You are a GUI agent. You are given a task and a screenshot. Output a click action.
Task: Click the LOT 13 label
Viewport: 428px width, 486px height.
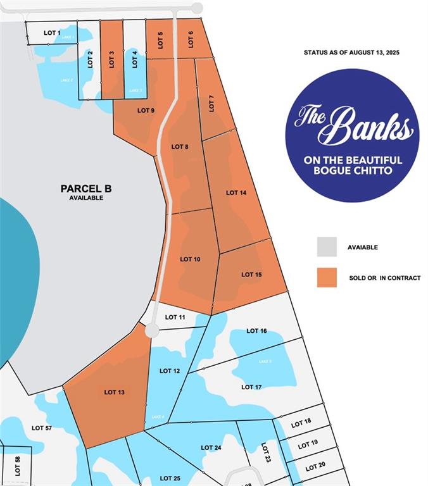[x=115, y=392]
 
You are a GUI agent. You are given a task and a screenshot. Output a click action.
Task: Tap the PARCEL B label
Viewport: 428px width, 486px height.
[x=86, y=189]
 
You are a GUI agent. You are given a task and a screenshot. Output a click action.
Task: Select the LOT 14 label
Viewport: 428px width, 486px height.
[x=236, y=192]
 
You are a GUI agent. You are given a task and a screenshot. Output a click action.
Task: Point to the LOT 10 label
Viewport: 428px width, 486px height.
[x=190, y=259]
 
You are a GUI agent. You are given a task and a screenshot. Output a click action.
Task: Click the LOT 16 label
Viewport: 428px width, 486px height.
[x=256, y=331]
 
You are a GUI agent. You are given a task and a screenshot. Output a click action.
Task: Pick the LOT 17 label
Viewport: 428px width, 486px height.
[x=251, y=387]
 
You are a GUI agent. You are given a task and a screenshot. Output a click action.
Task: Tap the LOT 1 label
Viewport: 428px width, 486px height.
[x=52, y=32]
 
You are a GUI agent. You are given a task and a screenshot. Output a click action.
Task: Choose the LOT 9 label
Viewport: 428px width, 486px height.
[x=146, y=111]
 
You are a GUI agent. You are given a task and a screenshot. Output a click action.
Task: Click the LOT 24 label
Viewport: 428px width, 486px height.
[x=211, y=448]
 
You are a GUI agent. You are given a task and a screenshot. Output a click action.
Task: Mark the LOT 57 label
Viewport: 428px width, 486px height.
[x=42, y=428]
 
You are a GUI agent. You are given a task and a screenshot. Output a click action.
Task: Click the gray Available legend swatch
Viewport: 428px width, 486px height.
[x=327, y=247]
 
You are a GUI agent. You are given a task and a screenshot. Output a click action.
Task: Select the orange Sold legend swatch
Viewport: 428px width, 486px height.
[x=327, y=278]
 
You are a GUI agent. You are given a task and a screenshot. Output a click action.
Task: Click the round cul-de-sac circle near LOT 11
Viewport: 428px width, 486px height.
[x=152, y=331]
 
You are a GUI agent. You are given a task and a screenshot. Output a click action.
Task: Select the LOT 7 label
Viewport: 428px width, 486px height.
[x=211, y=103]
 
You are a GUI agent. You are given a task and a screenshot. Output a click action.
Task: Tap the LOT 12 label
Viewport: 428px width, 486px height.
[x=170, y=371]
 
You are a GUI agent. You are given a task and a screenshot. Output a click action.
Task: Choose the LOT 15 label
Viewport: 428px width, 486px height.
[x=251, y=275]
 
